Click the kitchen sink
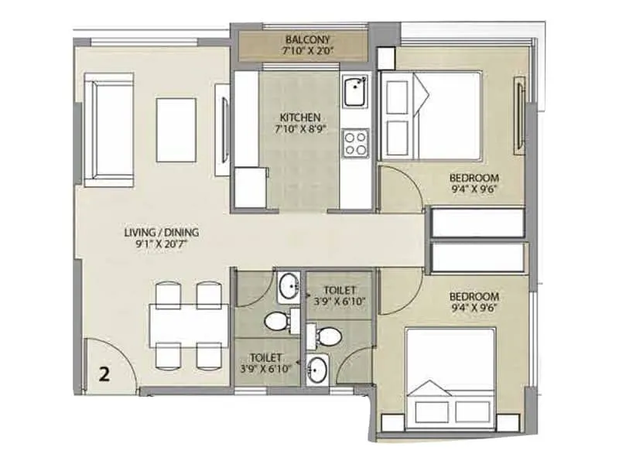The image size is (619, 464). (354, 92)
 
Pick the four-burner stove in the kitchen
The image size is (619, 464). (355, 142)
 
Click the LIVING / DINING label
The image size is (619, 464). (162, 231)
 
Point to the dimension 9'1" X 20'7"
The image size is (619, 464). (162, 244)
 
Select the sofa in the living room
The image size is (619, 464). (108, 129)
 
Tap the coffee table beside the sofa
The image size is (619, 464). (176, 129)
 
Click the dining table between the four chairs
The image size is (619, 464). (188, 324)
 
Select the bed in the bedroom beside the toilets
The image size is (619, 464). (450, 377)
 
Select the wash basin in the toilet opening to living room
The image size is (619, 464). (288, 286)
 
